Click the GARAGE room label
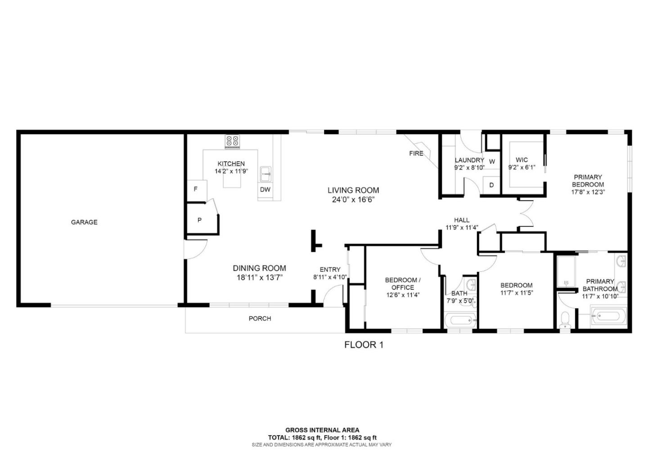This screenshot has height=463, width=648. pos(84,222)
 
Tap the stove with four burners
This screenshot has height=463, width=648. pos(233,142)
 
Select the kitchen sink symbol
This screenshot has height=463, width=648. pos(265,175)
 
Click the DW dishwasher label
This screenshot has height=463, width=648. pos(265,190)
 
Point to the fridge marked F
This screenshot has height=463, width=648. pos(197,190)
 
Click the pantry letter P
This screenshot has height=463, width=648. pos(200,220)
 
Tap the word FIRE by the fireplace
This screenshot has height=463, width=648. pos(416,153)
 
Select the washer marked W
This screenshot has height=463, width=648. pos(492,162)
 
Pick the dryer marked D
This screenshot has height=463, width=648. pos(491,185)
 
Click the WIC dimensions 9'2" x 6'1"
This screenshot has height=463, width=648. pos(522,167)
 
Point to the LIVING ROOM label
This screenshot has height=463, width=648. pos(353,190)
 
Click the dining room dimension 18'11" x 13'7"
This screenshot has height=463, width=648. pos(260,278)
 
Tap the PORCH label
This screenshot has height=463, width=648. pos(260,319)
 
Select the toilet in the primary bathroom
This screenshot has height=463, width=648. pos(564,320)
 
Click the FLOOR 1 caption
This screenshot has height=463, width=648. pos(364,345)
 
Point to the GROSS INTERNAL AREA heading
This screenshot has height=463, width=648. pos(322,430)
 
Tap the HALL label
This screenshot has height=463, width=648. pos(462,220)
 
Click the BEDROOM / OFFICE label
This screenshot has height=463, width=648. pos(403,284)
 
